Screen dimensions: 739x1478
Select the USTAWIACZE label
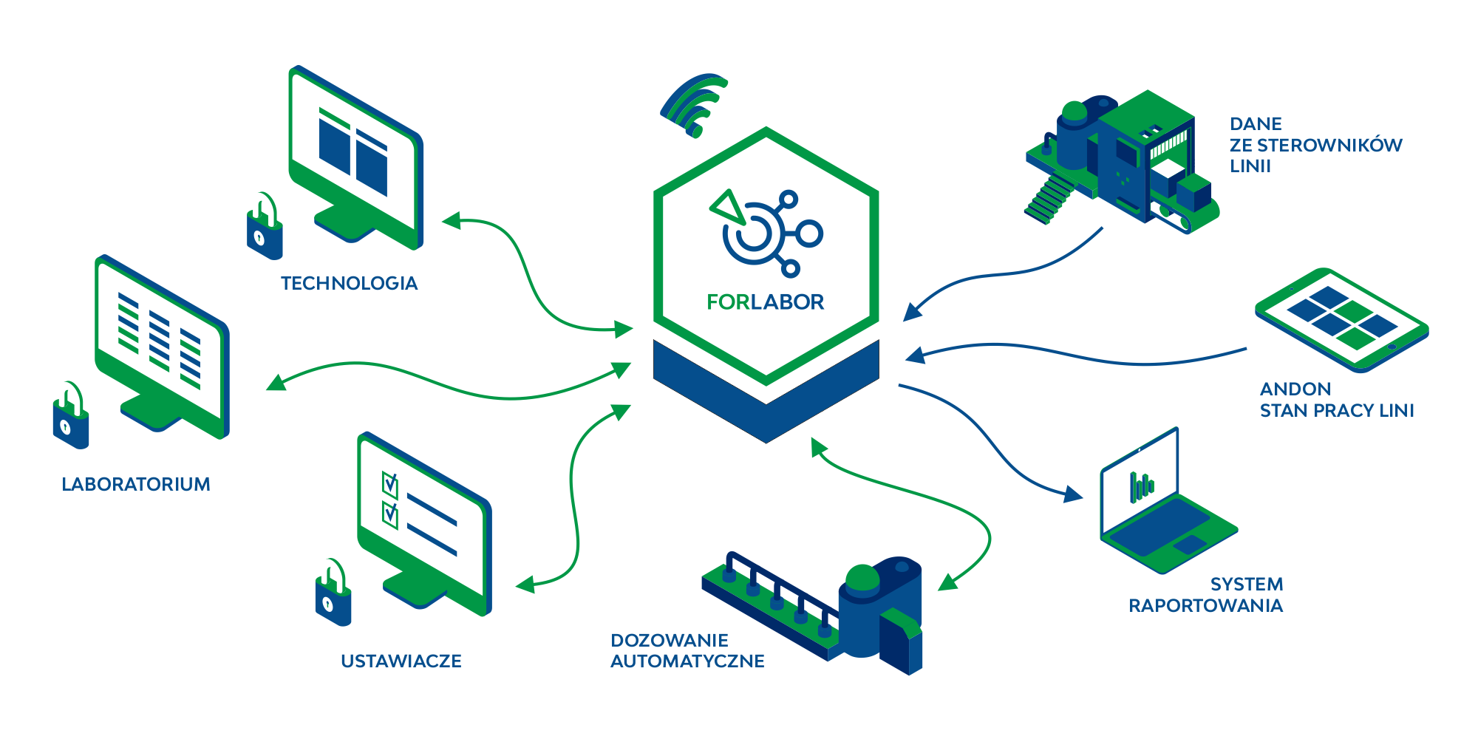pos(407,660)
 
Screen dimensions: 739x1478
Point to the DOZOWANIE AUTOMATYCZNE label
pos(692,650)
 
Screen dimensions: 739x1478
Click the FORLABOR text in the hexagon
pos(772,302)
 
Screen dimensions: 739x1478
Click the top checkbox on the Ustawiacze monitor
pos(390,485)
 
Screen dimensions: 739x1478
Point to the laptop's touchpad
pos(1190,545)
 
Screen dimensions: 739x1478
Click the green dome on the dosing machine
pos(859,573)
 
